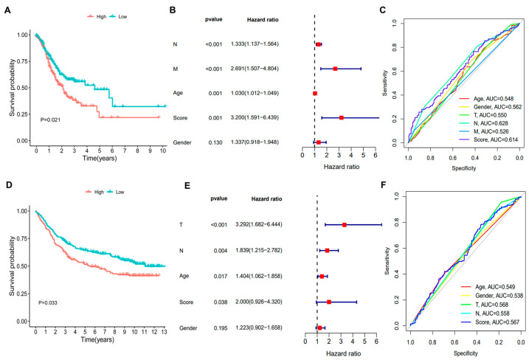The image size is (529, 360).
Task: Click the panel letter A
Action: (x=7, y=10)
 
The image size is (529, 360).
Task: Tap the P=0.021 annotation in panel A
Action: (x=50, y=120)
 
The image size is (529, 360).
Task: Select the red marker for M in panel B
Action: (x=335, y=69)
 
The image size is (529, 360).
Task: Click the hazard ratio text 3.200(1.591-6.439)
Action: (x=255, y=118)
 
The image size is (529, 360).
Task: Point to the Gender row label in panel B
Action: (x=182, y=142)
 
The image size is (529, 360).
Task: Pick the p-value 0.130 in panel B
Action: (x=215, y=142)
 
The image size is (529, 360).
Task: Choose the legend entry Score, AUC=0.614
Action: (x=496, y=139)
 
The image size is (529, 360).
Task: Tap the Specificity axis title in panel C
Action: (x=464, y=168)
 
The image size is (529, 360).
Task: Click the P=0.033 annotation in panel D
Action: (x=48, y=302)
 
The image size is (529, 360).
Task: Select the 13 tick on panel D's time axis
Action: (x=165, y=332)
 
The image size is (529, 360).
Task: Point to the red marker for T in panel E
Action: (x=344, y=225)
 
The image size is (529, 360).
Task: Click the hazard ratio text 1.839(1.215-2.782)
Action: (x=259, y=250)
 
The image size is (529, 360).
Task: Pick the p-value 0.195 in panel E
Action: (x=221, y=328)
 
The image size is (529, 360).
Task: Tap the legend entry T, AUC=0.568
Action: (x=491, y=305)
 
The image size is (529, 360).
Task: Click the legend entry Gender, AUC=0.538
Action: (x=499, y=296)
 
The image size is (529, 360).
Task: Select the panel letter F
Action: (x=384, y=184)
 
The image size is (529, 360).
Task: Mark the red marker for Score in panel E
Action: (x=329, y=302)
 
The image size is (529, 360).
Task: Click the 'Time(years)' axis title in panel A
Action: (x=100, y=159)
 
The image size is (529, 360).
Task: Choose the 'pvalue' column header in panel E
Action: (x=219, y=198)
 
